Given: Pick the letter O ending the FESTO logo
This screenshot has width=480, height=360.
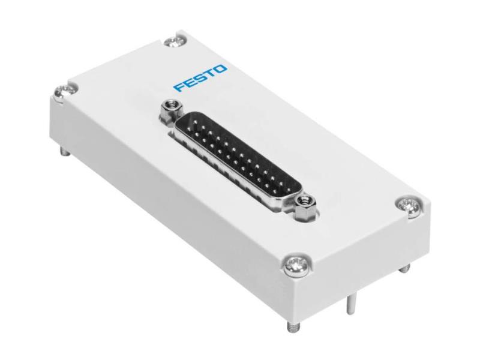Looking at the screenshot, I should (221, 70).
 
